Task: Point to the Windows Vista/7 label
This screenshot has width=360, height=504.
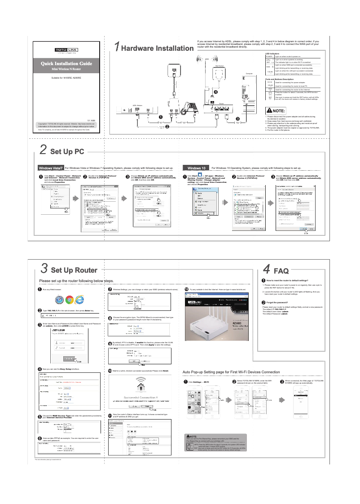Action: click(x=52, y=168)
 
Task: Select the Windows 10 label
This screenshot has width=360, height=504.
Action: click(x=196, y=168)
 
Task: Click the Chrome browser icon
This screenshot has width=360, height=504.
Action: click(x=70, y=300)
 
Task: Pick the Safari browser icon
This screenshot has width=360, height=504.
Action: click(x=59, y=300)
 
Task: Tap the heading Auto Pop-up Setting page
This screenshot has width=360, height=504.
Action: click(x=231, y=372)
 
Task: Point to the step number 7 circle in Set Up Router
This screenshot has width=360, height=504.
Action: click(x=110, y=290)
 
